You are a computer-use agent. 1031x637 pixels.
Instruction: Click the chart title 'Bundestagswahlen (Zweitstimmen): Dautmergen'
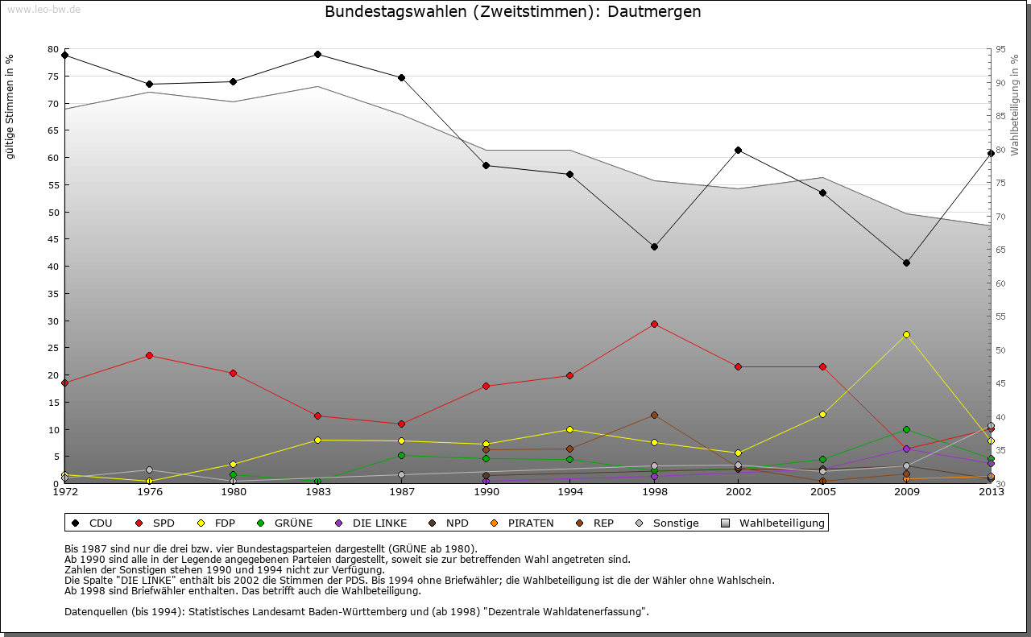pos(512,12)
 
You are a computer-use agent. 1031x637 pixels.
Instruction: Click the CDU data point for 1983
pos(317,55)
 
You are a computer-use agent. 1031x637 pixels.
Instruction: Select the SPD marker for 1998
pos(654,325)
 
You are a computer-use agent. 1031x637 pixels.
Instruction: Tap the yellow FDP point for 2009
pos(906,334)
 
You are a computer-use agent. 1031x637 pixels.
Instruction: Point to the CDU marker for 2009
pos(906,263)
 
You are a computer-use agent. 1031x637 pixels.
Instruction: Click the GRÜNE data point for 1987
pos(401,456)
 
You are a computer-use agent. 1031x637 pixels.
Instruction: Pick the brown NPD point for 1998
pos(654,416)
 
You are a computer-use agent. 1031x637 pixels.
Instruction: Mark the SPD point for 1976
pos(149,356)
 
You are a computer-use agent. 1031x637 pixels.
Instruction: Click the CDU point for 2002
pos(738,151)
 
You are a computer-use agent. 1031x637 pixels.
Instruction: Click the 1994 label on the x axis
pos(569,493)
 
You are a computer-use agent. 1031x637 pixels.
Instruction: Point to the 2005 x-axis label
pos(822,493)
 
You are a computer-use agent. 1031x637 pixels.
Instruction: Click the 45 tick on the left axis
pos(53,239)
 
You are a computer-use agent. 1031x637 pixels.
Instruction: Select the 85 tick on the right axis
pos(1000,116)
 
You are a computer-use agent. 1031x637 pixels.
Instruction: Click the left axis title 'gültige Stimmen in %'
pos(10,106)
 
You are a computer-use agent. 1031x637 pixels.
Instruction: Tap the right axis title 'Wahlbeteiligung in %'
pos(1015,105)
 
